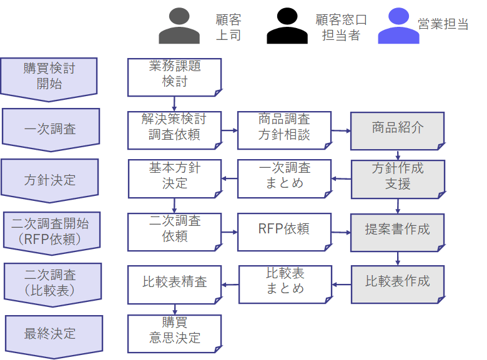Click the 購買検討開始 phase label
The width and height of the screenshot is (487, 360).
point(49,75)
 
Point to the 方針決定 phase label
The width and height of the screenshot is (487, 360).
point(50,180)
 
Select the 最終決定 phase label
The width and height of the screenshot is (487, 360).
point(50,333)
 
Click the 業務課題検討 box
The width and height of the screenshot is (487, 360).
point(175,74)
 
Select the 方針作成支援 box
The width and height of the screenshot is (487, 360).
point(398,177)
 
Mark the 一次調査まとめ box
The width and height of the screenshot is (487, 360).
point(284,177)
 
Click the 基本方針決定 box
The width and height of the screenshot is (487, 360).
point(175,177)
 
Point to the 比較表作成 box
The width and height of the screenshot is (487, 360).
point(398,283)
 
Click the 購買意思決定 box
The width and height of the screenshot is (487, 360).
point(175,331)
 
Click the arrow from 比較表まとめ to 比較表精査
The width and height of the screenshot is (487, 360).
point(230,285)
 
